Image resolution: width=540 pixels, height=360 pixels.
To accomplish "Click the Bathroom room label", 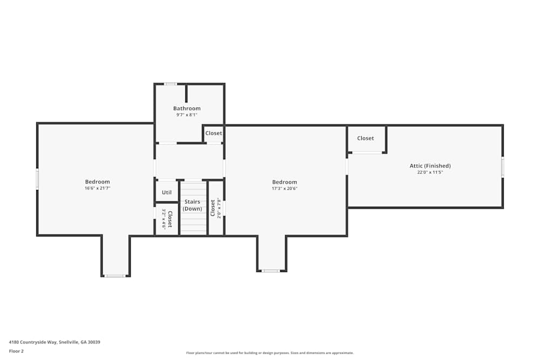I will (187, 108).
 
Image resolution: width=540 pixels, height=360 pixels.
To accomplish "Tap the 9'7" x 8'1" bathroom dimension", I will (187, 114).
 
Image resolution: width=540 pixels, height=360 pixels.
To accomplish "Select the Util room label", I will (167, 192).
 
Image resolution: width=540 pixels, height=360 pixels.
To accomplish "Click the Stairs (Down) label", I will (192, 205).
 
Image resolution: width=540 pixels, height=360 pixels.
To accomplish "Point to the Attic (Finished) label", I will (430, 166).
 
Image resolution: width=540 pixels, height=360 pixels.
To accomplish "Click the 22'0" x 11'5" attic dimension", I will (430, 172).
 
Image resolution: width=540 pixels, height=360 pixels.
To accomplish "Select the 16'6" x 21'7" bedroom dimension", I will (97, 188).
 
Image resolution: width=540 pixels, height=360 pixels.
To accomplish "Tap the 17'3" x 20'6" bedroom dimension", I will (285, 188).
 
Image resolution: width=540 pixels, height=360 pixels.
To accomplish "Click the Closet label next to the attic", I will (366, 138).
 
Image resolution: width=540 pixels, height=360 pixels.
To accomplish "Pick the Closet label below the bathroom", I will (213, 133).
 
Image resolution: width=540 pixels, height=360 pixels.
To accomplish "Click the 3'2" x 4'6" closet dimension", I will (164, 219).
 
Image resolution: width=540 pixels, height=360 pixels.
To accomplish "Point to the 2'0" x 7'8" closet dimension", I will (219, 208).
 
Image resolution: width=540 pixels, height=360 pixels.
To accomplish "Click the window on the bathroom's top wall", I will (171, 84).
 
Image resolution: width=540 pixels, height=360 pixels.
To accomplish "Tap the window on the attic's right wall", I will (502, 167).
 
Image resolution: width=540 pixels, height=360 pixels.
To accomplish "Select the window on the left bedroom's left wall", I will (37, 179).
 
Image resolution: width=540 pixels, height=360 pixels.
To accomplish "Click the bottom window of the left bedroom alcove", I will (115, 276).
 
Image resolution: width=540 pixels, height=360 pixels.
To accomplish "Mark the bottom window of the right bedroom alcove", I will (271, 270).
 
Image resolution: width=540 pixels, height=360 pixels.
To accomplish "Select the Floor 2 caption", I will (16, 351).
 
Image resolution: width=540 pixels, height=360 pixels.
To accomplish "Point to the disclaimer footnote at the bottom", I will (270, 353).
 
